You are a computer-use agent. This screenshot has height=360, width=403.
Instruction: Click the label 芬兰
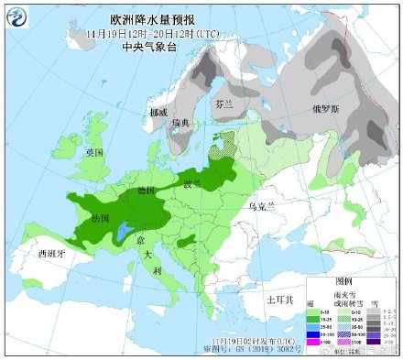(223, 105)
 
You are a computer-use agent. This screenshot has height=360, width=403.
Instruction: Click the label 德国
(146, 191)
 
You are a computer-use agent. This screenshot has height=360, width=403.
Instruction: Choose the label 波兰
(191, 184)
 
